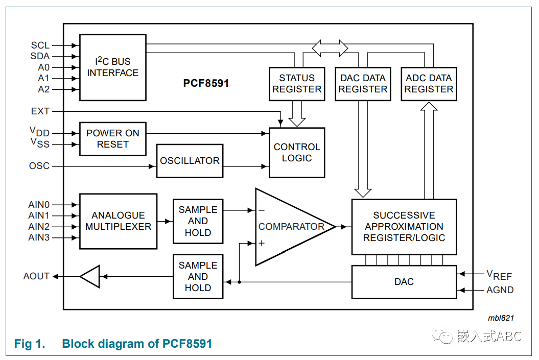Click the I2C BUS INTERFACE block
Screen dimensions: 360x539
click(x=113, y=67)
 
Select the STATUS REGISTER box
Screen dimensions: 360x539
click(x=297, y=84)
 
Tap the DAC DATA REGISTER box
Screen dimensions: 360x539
click(x=363, y=84)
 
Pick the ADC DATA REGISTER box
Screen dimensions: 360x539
click(x=429, y=84)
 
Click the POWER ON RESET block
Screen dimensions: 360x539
click(x=113, y=139)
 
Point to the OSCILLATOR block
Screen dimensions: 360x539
click(x=190, y=161)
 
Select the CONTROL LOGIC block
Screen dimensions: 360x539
click(x=297, y=153)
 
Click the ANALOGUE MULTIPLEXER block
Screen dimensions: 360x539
click(x=119, y=221)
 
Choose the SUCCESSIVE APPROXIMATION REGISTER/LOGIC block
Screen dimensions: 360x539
click(x=404, y=227)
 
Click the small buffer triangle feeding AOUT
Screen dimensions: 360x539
click(x=90, y=276)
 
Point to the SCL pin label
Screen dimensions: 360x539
click(x=40, y=45)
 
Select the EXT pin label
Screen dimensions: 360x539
click(x=40, y=111)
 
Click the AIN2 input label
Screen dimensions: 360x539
click(x=39, y=227)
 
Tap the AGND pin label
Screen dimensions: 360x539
click(x=500, y=290)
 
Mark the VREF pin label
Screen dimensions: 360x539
click(x=499, y=276)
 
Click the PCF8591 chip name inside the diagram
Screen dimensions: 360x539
click(x=206, y=83)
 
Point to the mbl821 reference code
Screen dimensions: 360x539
click(x=501, y=318)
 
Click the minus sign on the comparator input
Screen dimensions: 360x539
click(x=262, y=210)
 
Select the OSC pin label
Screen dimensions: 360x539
click(x=39, y=166)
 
